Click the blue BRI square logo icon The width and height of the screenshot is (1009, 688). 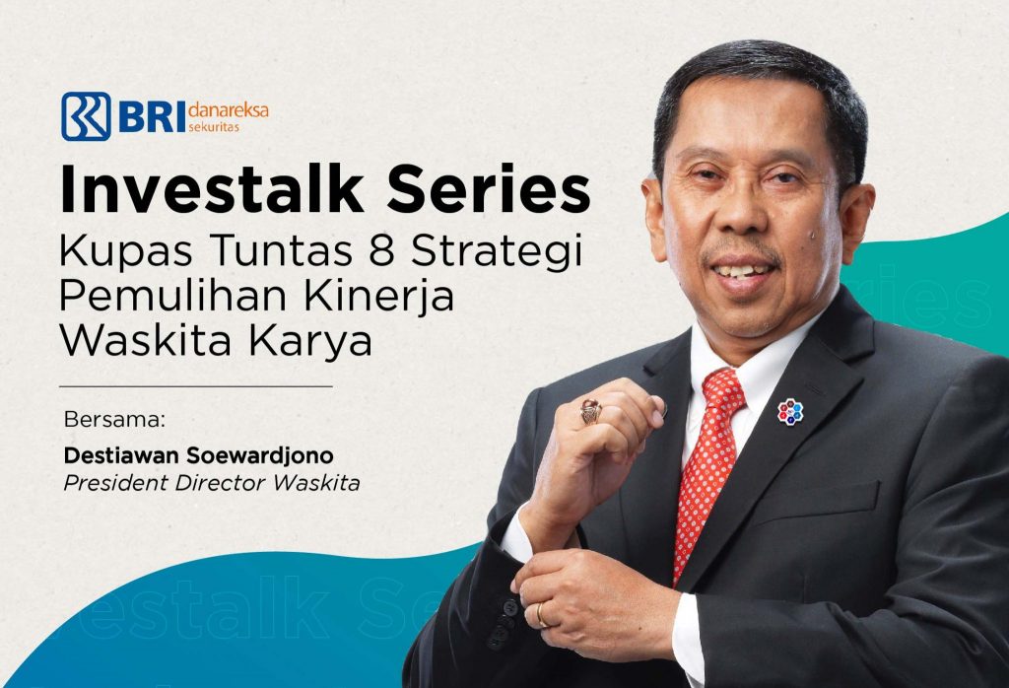coord(87,116)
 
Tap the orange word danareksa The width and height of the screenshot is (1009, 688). coord(229,110)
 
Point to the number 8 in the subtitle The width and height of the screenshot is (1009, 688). coord(381,250)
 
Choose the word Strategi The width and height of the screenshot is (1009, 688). coord(497,253)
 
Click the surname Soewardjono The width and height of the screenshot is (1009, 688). coord(259,455)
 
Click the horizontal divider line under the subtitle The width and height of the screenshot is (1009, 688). coord(196,386)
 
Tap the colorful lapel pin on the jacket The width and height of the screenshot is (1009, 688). coord(790,412)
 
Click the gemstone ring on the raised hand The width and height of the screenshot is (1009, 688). coord(591,411)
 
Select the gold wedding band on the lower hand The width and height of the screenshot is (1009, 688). coord(541,615)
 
